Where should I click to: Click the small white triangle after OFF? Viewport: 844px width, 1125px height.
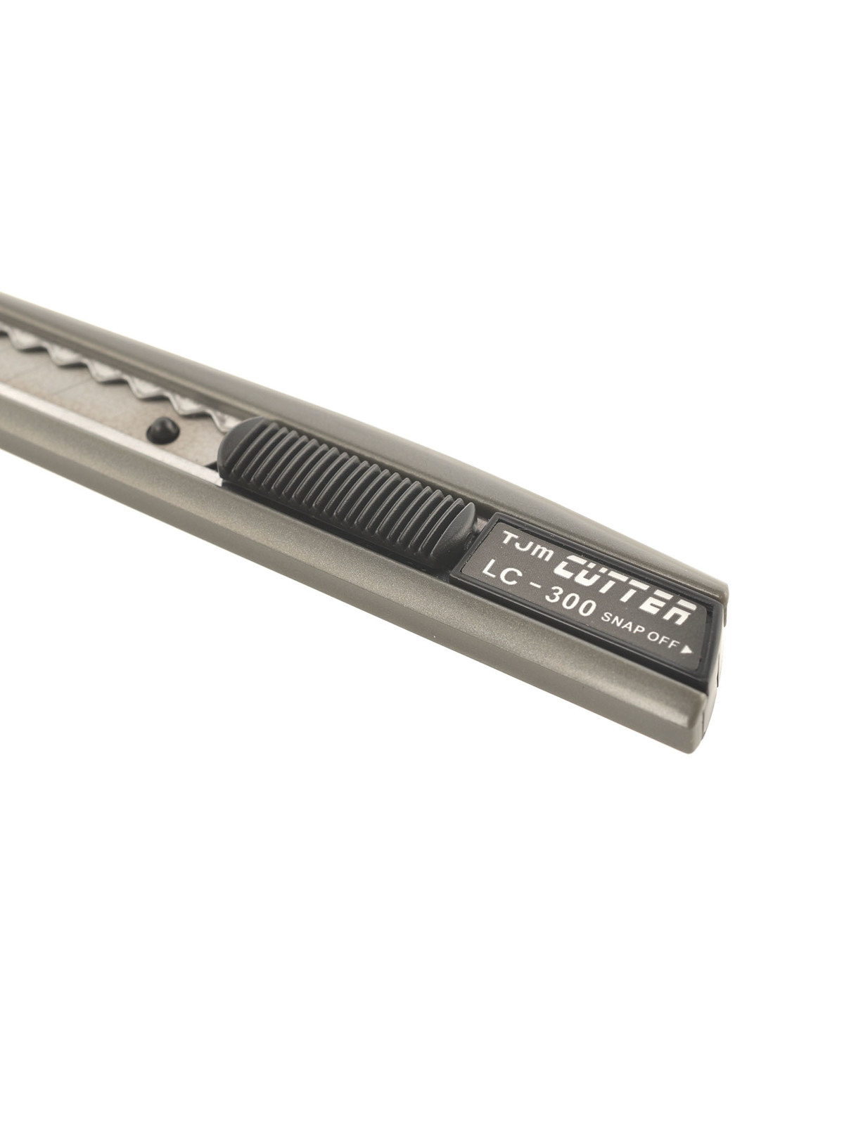686,650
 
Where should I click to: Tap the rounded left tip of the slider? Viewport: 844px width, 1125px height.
224,451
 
